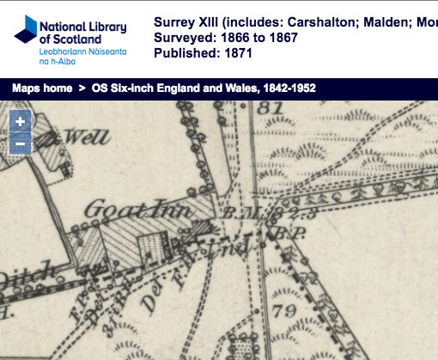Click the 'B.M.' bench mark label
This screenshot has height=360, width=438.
click(235, 212)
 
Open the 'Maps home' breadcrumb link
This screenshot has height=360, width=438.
click(42, 88)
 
